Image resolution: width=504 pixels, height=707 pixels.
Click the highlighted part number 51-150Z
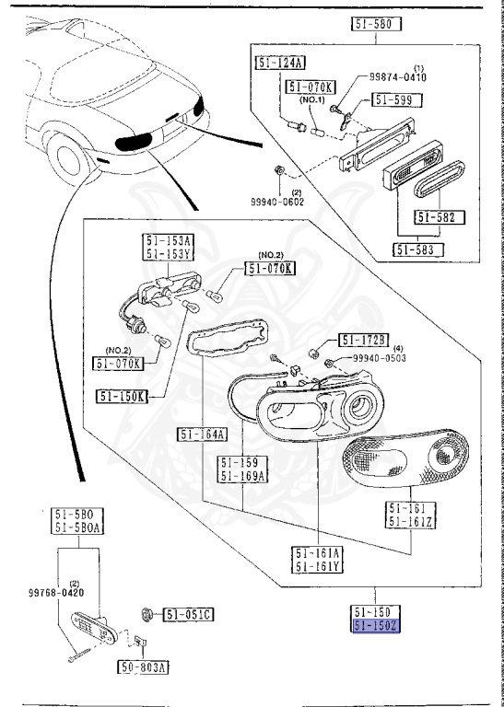pyautogui.click(x=377, y=627)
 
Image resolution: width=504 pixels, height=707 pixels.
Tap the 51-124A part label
pyautogui.click(x=278, y=62)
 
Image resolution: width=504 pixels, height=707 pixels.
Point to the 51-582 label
pyautogui.click(x=440, y=218)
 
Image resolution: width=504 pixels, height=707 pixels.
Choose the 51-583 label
pyautogui.click(x=418, y=249)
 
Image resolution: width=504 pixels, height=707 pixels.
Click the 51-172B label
pyautogui.click(x=363, y=340)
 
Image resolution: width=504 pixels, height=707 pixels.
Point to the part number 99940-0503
pyautogui.click(x=380, y=357)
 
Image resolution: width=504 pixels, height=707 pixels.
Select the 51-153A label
pyautogui.click(x=166, y=241)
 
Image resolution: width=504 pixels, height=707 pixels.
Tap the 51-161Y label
pyautogui.click(x=318, y=566)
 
